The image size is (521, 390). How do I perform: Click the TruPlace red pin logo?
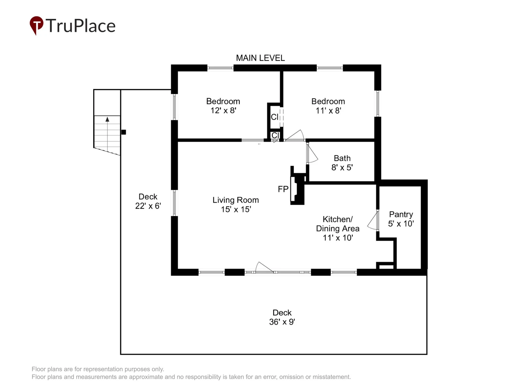36,25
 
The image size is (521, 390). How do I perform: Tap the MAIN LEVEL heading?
260,58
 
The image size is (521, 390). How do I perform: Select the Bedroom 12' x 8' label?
223,106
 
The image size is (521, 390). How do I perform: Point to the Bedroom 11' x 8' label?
328,106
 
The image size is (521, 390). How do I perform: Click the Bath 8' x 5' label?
342,163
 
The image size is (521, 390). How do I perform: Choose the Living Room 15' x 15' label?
235,205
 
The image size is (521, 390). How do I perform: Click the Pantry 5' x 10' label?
401,219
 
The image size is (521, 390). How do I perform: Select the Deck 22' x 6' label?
148,201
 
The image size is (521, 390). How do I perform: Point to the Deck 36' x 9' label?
282,317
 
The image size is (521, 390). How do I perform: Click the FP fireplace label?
283,189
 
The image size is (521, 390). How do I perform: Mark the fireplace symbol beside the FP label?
297,185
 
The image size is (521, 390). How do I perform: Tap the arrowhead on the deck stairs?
107,119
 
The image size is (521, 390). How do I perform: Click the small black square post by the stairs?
124,132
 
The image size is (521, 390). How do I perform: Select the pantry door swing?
373,221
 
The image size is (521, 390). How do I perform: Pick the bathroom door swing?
312,153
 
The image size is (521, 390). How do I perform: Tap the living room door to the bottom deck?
264,267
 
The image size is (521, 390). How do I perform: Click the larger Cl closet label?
275,117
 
